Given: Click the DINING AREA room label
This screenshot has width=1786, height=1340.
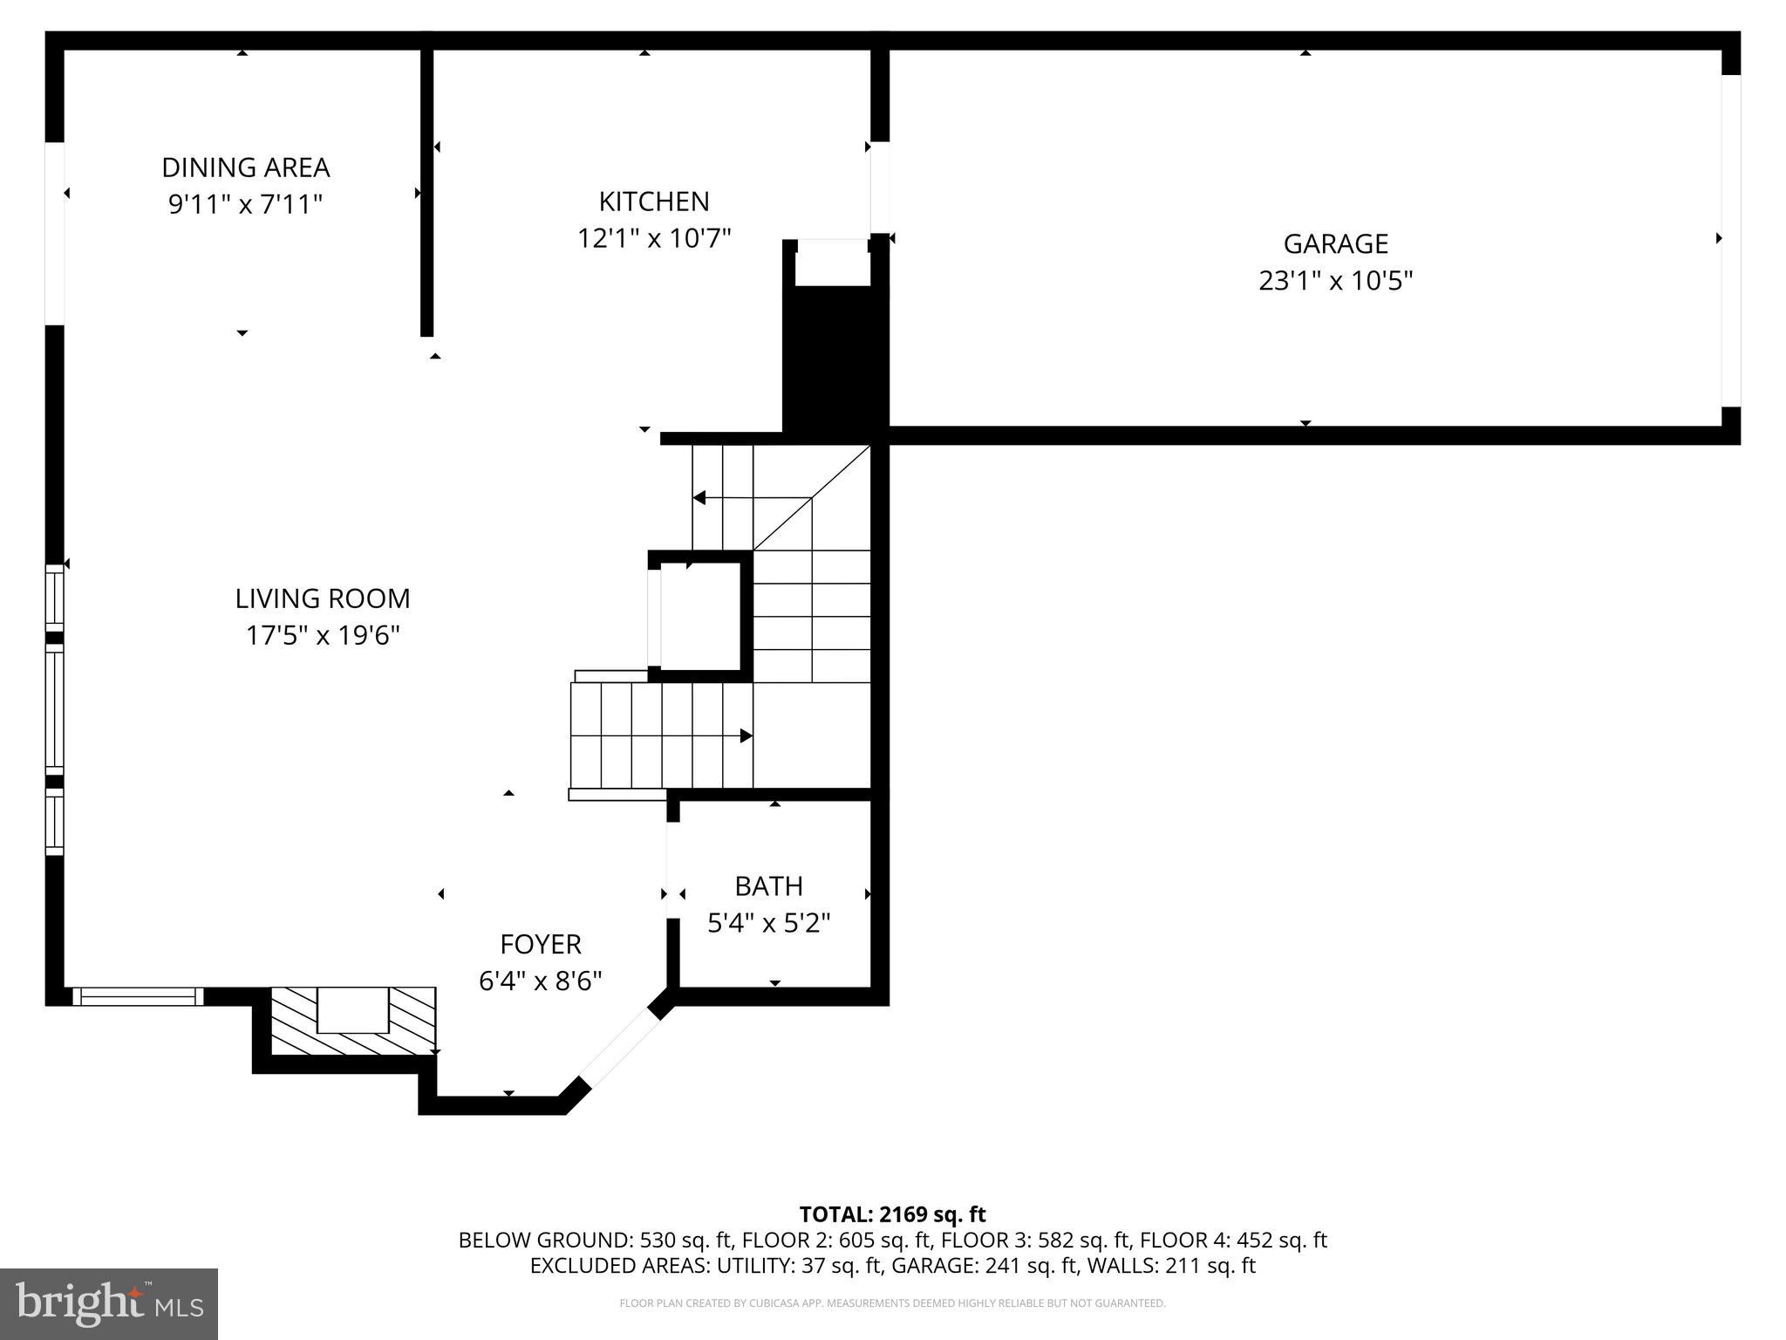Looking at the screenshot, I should (245, 167).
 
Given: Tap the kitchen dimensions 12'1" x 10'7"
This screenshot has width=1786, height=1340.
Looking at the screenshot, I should (653, 238).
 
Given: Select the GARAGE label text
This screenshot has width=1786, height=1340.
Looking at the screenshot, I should (1335, 243).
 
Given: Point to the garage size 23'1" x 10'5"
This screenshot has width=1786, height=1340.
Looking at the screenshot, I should (1335, 281).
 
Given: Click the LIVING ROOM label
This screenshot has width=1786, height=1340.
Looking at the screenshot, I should (322, 598).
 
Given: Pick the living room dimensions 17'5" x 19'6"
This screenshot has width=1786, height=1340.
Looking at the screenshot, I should (322, 636).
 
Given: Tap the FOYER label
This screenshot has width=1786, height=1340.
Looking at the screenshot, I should (540, 944).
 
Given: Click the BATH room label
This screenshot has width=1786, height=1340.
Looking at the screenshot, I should (768, 886).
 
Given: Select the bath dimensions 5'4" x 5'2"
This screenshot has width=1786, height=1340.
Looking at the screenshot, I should (768, 923).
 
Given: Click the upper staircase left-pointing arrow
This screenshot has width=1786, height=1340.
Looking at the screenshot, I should (699, 498).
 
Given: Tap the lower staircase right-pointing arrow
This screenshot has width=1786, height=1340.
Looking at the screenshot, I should (746, 735).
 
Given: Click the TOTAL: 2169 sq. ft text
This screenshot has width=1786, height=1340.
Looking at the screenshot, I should (892, 1214).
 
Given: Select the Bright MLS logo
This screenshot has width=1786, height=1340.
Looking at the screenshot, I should (109, 1303).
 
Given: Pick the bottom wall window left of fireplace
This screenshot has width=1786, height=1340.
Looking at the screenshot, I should (138, 996).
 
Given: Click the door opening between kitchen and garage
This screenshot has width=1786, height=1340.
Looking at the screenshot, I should (880, 188).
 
